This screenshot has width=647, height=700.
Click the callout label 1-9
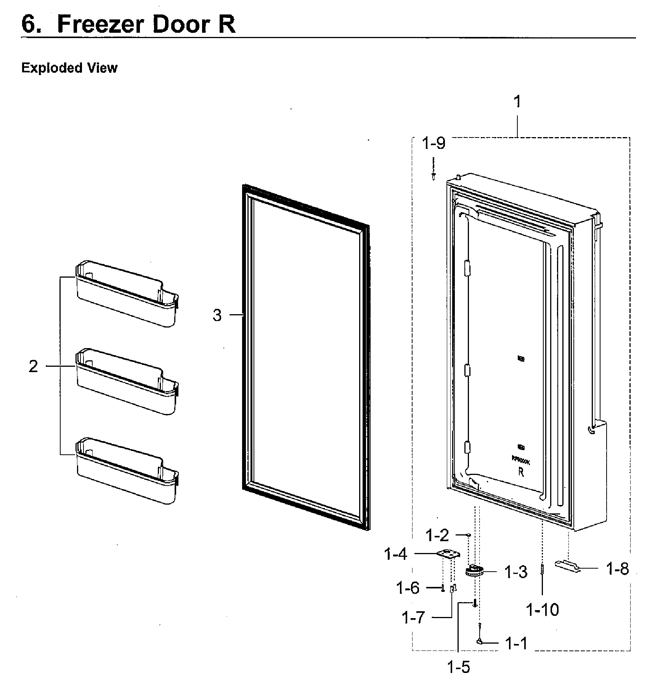point(434,144)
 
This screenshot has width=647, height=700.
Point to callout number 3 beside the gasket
point(217,315)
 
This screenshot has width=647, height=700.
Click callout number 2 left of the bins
point(34,366)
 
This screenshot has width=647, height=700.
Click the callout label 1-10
point(542,610)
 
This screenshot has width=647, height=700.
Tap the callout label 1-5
point(459,667)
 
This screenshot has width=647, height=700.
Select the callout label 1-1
point(516,643)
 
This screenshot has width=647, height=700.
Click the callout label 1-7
point(413,617)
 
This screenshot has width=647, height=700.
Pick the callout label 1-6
point(408,588)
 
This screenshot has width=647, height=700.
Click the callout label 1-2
point(437,535)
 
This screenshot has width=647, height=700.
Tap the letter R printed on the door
point(521,472)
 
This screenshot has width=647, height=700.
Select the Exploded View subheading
point(69,68)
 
